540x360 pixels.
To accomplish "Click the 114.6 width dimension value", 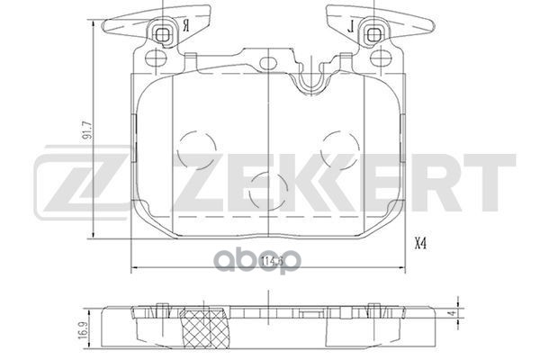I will [x=269, y=262].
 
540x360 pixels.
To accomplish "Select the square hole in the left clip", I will [x=164, y=34].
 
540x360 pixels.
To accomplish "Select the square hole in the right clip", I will [x=373, y=34].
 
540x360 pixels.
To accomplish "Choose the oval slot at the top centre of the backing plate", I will [x=268, y=62].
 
